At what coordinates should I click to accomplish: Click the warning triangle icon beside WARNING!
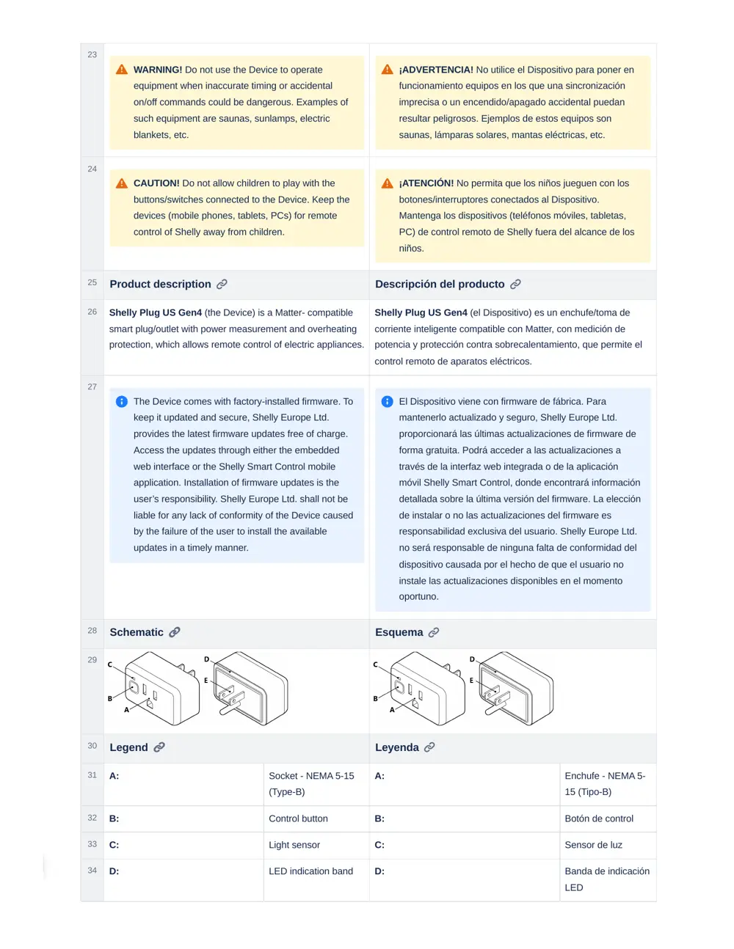122,70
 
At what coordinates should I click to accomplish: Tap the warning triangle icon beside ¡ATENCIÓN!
388,183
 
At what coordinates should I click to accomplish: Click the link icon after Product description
222,284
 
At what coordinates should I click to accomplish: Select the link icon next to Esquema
434,632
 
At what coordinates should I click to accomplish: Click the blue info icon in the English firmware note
122,402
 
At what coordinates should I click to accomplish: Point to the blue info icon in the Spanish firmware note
388,402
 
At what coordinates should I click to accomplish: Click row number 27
92,386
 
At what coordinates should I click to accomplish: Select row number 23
92,54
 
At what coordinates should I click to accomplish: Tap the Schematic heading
137,632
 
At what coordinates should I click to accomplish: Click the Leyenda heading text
396,747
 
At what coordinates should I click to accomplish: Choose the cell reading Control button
298,818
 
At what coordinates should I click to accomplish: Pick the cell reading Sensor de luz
593,845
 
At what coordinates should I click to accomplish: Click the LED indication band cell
310,871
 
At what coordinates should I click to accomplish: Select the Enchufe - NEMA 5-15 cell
605,783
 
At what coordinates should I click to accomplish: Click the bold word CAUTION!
156,183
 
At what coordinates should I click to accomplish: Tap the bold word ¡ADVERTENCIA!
436,70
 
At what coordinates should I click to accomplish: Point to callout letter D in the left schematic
206,659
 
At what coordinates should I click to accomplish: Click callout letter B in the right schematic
376,699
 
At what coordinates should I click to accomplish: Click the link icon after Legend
159,747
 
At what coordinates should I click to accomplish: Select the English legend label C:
114,845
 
